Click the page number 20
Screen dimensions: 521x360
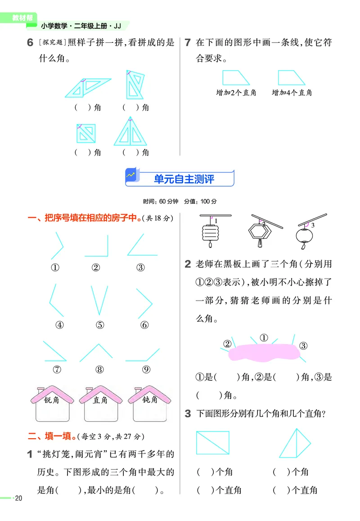pyautogui.click(x=18, y=498)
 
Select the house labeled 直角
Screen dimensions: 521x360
pyautogui.click(x=100, y=404)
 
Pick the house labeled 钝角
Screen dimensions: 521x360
pyautogui.click(x=149, y=404)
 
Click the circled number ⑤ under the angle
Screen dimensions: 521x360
pyautogui.click(x=100, y=325)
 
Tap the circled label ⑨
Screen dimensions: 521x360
pyautogui.click(x=145, y=369)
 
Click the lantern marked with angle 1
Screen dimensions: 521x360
pyautogui.click(x=209, y=232)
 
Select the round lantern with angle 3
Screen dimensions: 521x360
pyautogui.click(x=303, y=235)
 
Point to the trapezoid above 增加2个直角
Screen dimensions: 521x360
pyautogui.click(x=236, y=77)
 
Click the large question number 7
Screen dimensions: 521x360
pyautogui.click(x=188, y=43)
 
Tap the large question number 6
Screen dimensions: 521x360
pyautogui.click(x=30, y=43)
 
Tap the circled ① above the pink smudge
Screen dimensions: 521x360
pyautogui.click(x=264, y=337)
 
